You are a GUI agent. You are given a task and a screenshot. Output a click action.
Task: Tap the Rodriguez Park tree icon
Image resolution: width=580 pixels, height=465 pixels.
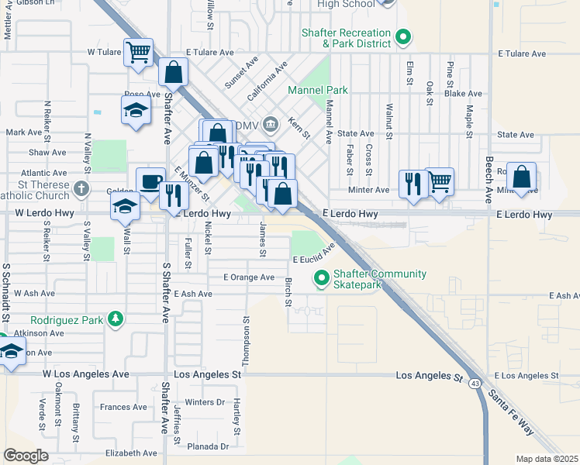click(x=116, y=319)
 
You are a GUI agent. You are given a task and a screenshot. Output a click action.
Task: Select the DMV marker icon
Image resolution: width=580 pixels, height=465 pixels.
click(x=271, y=122)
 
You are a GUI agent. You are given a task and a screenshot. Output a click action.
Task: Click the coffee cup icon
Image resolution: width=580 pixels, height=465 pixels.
click(x=151, y=181)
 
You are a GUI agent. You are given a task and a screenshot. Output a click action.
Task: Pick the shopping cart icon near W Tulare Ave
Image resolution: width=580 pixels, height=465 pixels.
click(x=139, y=53)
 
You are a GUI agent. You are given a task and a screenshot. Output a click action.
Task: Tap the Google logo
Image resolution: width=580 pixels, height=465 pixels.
click(x=26, y=455)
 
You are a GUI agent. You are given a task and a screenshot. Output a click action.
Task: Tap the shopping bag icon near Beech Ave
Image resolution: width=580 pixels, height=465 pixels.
click(x=523, y=177)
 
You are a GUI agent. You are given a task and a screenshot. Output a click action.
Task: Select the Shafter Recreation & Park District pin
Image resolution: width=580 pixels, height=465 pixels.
click(x=402, y=36)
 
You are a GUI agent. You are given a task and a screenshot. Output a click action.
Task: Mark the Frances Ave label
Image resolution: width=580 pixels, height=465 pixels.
click(x=123, y=407)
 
